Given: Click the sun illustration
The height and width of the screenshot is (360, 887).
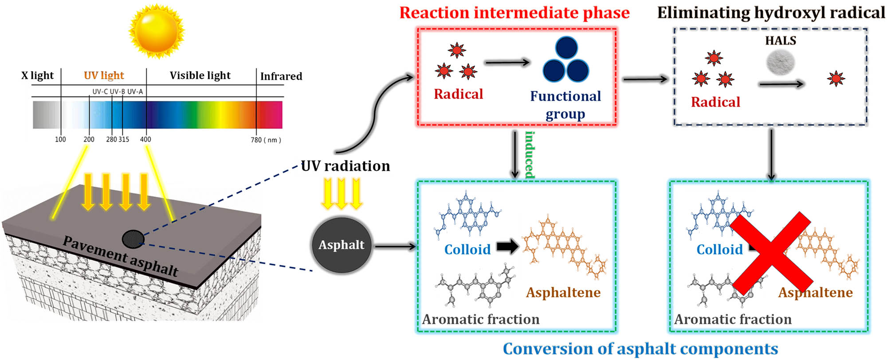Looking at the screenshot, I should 156,31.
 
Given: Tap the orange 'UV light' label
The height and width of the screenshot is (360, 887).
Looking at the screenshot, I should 104,75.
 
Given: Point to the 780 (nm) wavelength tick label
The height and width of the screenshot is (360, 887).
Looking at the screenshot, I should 266,140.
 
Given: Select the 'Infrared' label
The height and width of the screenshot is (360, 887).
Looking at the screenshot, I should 281,76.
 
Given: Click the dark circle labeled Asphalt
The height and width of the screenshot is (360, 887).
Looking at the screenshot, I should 341,245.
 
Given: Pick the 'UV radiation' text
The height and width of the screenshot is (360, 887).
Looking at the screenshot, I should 345,166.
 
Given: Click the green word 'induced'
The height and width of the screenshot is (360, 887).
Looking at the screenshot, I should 530,155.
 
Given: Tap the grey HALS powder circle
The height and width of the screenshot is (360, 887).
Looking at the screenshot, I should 780,63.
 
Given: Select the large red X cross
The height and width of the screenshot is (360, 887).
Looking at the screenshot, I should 771,253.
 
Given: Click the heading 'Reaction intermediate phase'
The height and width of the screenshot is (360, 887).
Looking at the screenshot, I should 514,13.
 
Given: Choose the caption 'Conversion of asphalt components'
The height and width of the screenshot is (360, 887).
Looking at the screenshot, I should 640,349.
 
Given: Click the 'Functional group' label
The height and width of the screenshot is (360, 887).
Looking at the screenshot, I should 565,105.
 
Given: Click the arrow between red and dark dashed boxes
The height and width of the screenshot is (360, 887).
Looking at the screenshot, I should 645,79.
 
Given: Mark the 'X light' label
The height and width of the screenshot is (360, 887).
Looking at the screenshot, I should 37,75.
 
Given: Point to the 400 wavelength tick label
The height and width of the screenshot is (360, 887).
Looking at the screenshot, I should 145,139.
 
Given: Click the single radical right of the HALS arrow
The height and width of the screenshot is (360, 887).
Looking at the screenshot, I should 836,79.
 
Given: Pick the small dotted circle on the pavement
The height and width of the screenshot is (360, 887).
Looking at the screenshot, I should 133,239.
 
